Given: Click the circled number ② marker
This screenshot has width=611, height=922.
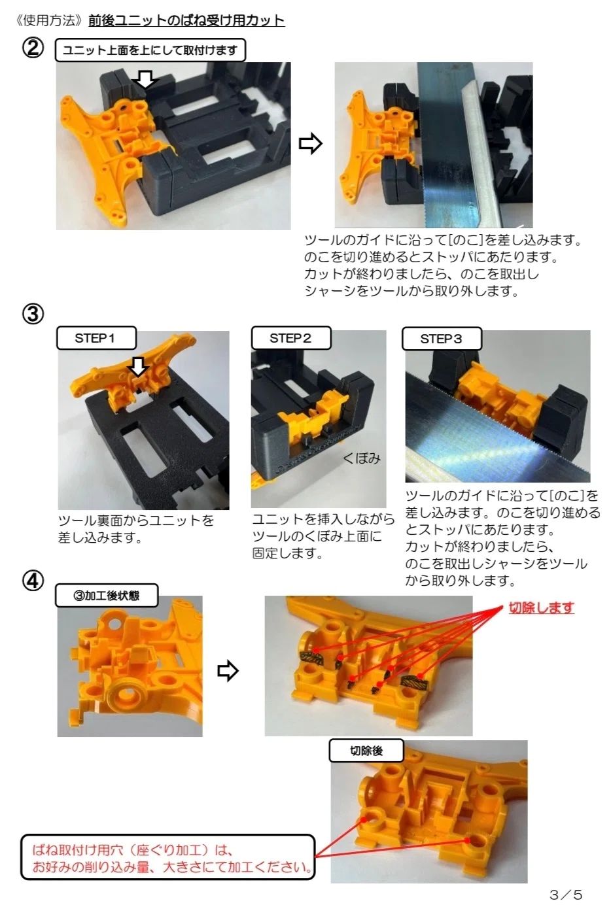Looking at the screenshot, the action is [x=33, y=49].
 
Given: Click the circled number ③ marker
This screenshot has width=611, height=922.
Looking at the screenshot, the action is [x=33, y=314].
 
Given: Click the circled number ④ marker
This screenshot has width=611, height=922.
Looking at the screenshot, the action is [x=33, y=581].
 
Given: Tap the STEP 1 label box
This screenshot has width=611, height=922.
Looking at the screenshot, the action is [x=96, y=338].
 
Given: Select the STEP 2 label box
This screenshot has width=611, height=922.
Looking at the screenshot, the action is [x=291, y=338].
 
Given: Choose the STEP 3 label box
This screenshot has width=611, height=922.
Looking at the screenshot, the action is [x=442, y=339].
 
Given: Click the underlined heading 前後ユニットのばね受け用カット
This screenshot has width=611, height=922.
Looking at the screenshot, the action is [x=186, y=20].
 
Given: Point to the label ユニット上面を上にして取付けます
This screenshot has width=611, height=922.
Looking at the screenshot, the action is [x=150, y=50].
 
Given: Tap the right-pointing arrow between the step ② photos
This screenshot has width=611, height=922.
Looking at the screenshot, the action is [x=311, y=144].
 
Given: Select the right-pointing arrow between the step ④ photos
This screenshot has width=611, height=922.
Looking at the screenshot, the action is [x=228, y=671].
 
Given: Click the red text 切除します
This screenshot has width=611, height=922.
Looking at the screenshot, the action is [x=541, y=607].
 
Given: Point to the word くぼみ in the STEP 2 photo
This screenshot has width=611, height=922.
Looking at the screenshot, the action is [x=362, y=458].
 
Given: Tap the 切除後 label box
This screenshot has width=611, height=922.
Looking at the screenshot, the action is [x=366, y=751].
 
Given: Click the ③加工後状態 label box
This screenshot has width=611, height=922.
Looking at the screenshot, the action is [x=107, y=595].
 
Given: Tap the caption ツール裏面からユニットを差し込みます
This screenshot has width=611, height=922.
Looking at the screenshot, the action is [x=136, y=528].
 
